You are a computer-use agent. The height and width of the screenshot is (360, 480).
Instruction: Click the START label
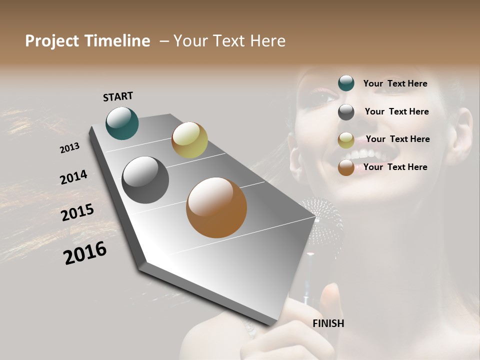(118, 96)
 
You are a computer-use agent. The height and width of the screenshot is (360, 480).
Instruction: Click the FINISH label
(328, 323)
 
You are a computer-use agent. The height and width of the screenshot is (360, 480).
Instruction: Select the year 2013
(69, 148)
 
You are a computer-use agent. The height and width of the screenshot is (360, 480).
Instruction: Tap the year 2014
(73, 177)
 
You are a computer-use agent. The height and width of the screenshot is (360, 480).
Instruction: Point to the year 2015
(77, 212)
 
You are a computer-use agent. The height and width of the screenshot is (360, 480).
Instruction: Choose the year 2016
(85, 253)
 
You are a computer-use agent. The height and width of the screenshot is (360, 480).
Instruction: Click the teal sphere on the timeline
(122, 123)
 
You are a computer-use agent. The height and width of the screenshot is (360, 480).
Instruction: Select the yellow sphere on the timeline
(189, 140)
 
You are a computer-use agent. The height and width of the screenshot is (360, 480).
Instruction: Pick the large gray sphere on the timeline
(145, 180)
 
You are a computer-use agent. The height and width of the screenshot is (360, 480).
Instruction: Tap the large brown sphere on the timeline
(216, 207)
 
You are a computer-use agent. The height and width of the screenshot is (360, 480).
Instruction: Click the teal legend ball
(346, 83)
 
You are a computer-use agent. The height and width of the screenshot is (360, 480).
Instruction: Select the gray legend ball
(346, 112)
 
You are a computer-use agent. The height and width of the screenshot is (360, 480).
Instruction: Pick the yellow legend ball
(346, 140)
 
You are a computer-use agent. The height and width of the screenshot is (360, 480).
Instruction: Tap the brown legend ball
(346, 167)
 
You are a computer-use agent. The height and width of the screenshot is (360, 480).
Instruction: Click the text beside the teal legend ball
(395, 83)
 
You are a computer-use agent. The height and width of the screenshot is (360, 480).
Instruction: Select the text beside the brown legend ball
(395, 167)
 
